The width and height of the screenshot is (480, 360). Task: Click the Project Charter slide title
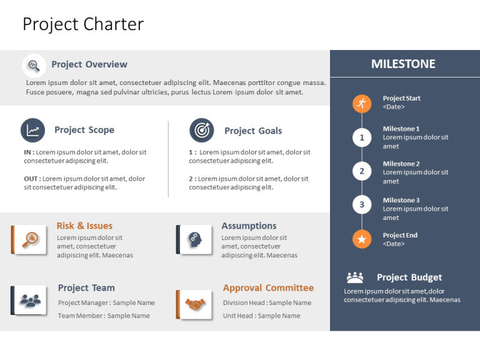point(83,24)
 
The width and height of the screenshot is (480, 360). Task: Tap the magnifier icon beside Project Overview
point(34,65)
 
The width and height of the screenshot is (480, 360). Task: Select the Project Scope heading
point(84,130)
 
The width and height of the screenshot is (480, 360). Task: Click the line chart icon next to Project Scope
point(32,130)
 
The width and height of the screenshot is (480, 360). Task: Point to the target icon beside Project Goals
point(201,130)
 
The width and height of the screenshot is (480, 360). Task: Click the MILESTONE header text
point(403,64)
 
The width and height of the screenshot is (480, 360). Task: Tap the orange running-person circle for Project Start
point(361,103)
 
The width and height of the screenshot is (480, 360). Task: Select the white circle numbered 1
point(361,137)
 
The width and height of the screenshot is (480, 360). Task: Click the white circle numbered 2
point(361,171)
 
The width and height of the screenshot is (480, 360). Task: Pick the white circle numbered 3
point(361,204)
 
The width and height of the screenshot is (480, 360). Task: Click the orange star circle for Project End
point(361,239)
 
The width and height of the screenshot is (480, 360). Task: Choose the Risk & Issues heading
point(84,226)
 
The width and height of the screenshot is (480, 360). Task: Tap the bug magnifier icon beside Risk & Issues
point(30,239)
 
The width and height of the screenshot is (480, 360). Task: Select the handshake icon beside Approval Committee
point(195,304)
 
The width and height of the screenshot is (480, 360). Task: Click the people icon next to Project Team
point(30,301)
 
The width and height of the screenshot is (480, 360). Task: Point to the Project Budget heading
point(409,277)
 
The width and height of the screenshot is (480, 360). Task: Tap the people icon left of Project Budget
point(355,277)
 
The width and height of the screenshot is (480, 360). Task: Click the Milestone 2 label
point(401,164)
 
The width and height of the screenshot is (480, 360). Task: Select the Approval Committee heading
point(268,288)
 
